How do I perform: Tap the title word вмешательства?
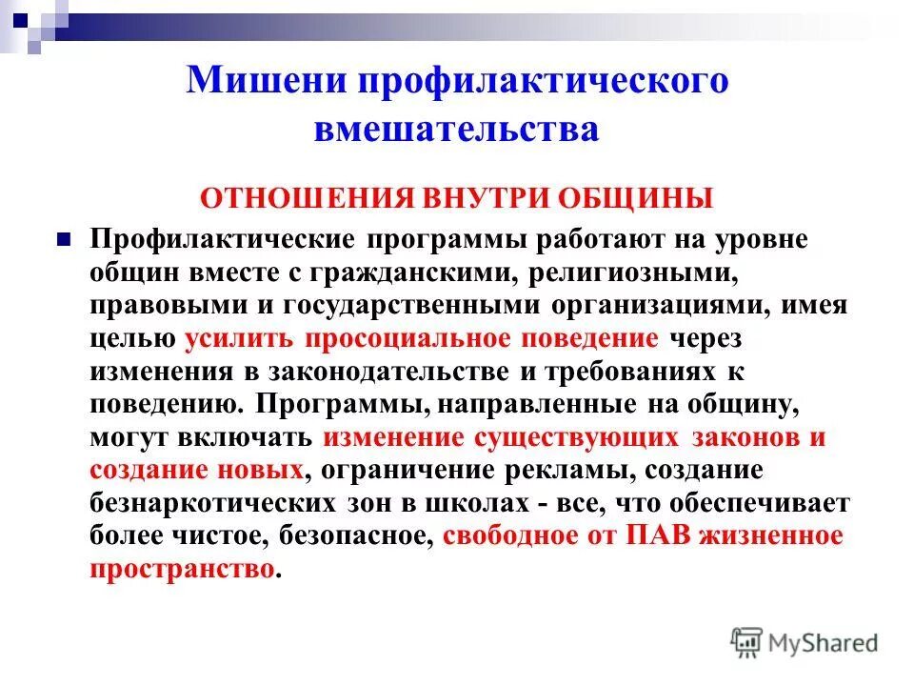click(456, 129)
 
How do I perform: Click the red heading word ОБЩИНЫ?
click(633, 198)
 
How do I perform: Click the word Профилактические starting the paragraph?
click(224, 239)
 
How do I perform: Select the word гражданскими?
click(418, 272)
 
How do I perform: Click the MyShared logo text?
click(825, 643)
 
